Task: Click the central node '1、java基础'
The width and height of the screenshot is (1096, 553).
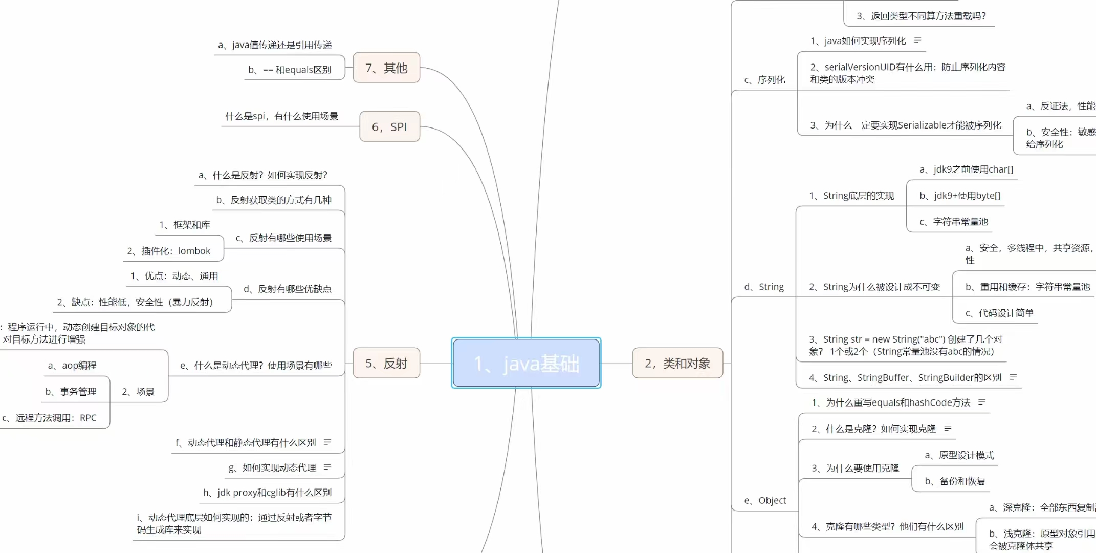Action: [526, 363]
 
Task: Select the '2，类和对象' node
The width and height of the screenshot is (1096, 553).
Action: [677, 363]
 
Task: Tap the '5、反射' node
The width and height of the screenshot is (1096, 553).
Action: [386, 363]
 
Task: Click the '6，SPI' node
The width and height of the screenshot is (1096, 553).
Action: [389, 126]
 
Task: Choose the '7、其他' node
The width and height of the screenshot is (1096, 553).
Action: [386, 68]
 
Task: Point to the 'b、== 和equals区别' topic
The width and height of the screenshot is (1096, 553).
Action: [290, 70]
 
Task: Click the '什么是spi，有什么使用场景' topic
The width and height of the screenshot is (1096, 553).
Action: [281, 116]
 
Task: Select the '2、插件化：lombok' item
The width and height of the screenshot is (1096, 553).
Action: [169, 251]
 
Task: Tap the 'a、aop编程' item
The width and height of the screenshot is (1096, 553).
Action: [72, 366]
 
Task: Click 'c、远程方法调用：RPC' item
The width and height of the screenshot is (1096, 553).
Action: [49, 418]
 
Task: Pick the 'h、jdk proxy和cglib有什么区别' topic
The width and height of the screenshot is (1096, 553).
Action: [267, 493]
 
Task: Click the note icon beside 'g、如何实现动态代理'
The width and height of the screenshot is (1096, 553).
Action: [327, 467]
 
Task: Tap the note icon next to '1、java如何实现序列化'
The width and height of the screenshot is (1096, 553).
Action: [917, 40]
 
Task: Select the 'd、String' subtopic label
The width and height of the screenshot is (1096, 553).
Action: [764, 287]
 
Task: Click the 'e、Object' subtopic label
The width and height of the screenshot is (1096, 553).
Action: [765, 500]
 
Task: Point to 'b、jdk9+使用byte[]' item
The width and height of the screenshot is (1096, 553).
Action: [960, 196]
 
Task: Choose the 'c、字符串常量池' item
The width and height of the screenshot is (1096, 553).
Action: [954, 222]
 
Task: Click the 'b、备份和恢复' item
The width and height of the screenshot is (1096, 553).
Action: [955, 481]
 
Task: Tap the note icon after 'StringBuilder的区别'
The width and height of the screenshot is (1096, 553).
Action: [1013, 377]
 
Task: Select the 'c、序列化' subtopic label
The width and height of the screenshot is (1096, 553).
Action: [764, 80]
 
